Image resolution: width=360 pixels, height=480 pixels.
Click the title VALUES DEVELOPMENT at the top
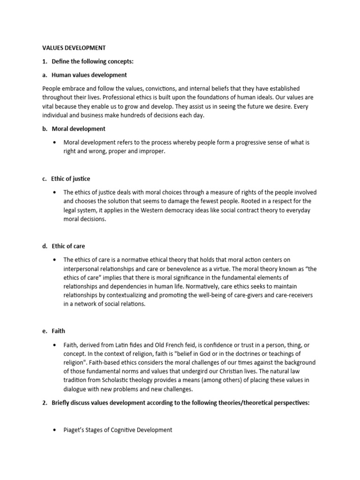74,48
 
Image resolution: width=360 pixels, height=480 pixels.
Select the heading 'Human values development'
90,75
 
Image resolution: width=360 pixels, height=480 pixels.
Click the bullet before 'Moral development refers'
56,142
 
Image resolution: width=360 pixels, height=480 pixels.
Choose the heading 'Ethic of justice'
71,179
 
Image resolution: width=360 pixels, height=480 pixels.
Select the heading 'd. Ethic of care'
68,246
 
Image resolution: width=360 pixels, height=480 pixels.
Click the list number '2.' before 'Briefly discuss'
45,403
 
